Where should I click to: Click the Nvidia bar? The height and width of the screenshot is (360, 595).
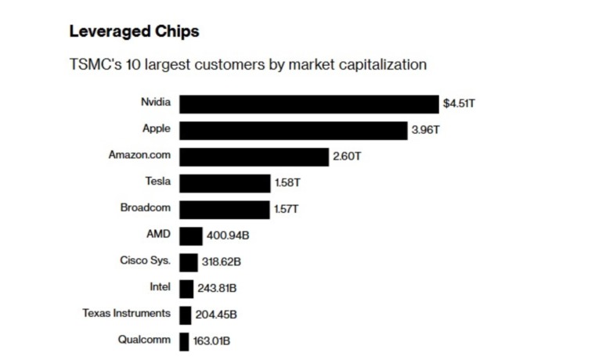tap(309, 104)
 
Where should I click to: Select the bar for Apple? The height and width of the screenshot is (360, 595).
tap(294, 131)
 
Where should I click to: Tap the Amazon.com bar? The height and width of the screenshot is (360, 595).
tap(254, 157)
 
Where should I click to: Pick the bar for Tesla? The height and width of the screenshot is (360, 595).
tap(225, 183)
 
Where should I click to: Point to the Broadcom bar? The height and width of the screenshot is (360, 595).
tap(225, 210)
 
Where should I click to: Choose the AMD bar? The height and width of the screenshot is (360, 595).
tap(191, 236)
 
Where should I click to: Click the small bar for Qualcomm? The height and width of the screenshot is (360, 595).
tap(184, 342)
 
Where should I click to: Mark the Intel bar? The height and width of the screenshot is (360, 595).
tap(186, 289)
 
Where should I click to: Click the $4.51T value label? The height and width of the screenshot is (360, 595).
tap(459, 103)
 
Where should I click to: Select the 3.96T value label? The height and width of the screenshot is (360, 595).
tap(425, 130)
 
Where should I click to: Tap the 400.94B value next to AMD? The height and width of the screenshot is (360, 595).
tap(228, 236)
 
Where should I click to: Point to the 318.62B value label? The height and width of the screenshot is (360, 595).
tap(222, 261)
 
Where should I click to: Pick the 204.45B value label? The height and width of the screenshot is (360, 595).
tap(216, 315)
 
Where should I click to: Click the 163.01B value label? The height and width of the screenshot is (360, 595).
tap(211, 341)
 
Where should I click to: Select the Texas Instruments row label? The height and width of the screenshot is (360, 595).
tap(126, 313)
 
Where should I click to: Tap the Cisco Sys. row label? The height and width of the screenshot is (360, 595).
tap(146, 261)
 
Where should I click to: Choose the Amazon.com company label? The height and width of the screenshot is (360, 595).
tap(139, 155)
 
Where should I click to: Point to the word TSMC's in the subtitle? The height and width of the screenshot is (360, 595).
tap(96, 64)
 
